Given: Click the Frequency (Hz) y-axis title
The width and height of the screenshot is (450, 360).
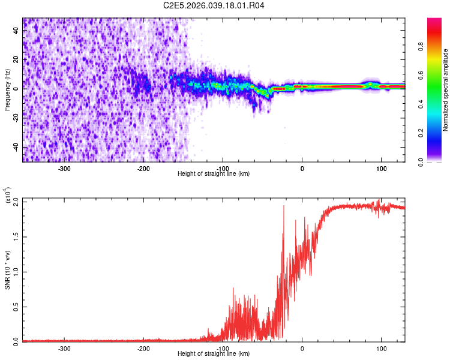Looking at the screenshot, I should pos(7,90).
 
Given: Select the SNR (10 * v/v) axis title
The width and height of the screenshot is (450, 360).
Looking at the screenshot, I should pos(7,270).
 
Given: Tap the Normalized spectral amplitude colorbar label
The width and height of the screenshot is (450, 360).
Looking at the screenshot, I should pos(446,90).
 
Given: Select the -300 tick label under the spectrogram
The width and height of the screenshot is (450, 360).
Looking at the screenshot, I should pos(64,167).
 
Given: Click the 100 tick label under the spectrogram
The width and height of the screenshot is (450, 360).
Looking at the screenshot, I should pos(381,167).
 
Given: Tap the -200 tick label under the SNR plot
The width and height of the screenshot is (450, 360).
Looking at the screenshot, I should pos(143,347).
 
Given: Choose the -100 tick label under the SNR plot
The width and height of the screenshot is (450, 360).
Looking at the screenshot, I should pos(223,347).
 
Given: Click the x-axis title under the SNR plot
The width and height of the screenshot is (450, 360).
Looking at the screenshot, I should pos(214,353).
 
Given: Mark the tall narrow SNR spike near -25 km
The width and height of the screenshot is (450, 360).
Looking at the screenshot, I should pos(284,207).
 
